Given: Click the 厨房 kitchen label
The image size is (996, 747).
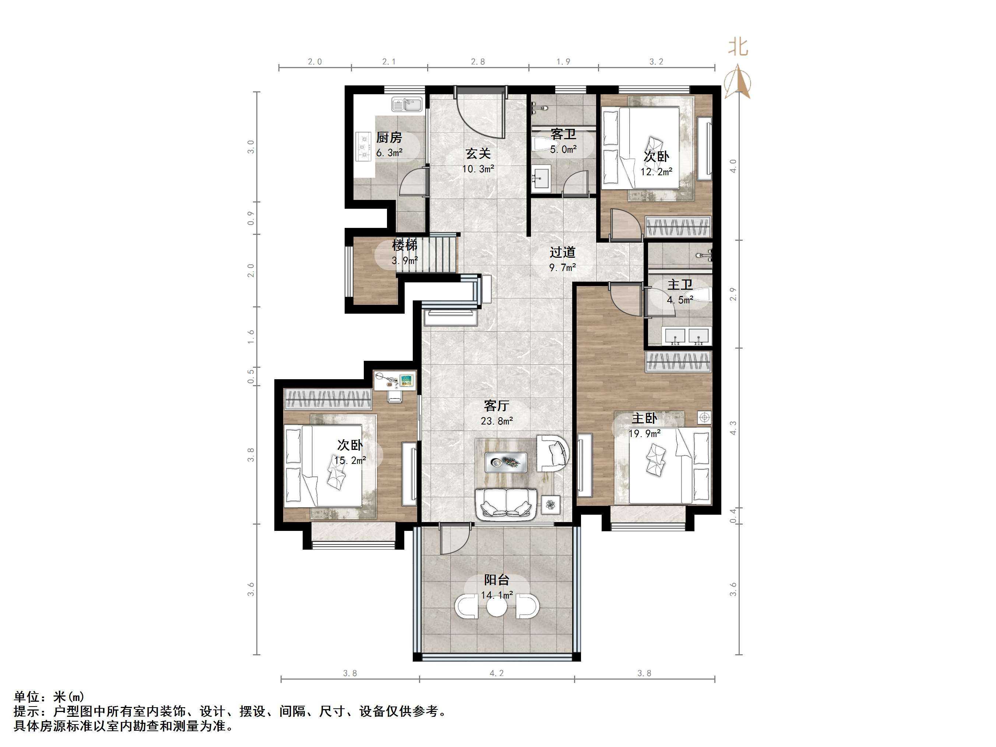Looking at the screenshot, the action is click(x=389, y=137).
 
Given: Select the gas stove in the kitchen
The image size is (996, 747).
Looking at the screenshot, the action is click(x=363, y=146).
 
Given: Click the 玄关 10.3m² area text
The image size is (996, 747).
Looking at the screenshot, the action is click(x=478, y=169).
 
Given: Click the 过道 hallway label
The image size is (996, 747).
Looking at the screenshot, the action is click(x=562, y=252).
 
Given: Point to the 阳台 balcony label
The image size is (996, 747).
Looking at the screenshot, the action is click(x=497, y=580).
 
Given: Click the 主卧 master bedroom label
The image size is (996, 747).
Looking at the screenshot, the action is click(x=644, y=418).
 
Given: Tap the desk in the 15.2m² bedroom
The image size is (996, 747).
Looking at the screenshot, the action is click(x=395, y=380).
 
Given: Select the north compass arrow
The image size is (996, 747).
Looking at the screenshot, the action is click(x=737, y=81).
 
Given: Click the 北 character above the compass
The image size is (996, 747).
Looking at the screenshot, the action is click(x=739, y=47).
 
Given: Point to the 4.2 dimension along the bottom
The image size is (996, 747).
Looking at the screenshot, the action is click(x=497, y=673).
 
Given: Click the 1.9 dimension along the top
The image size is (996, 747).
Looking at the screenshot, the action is click(x=563, y=62).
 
